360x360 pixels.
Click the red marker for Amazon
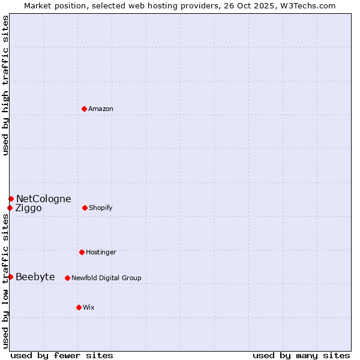(x=84, y=109)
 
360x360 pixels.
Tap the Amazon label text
(x=101, y=109)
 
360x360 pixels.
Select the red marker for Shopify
(x=85, y=208)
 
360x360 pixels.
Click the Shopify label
(x=101, y=208)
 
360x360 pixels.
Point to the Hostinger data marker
(x=82, y=252)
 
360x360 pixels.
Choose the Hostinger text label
(x=101, y=252)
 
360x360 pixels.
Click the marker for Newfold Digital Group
(x=67, y=278)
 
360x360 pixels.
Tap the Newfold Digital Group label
(x=106, y=278)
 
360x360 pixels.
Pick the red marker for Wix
(x=79, y=307)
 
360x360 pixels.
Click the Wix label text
(x=89, y=307)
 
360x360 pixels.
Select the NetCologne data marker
(x=11, y=199)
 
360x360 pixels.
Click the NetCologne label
(x=43, y=199)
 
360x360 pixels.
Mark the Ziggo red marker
(x=10, y=208)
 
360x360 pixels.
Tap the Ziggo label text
(x=28, y=208)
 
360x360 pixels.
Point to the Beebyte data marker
(x=10, y=277)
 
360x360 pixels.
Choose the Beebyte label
(x=35, y=277)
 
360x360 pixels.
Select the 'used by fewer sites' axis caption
(x=62, y=355)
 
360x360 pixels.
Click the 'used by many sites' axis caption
(x=301, y=355)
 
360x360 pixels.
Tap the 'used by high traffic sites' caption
(x=6, y=85)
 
